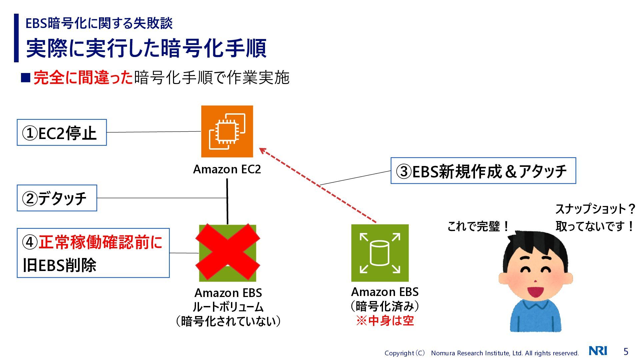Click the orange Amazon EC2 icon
(x=227, y=131)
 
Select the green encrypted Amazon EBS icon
(x=380, y=253)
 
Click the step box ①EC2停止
(x=62, y=133)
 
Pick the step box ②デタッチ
(x=57, y=198)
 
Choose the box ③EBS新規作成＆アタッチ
(x=483, y=171)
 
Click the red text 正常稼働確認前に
(x=100, y=242)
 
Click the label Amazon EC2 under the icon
(x=227, y=169)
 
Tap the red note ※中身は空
(x=385, y=321)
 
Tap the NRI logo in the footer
(x=598, y=351)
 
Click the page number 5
(x=626, y=351)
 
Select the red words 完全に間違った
(x=83, y=78)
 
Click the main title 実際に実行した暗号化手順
(x=146, y=48)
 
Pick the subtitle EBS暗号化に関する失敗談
(x=99, y=23)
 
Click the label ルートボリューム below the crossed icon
(x=228, y=307)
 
